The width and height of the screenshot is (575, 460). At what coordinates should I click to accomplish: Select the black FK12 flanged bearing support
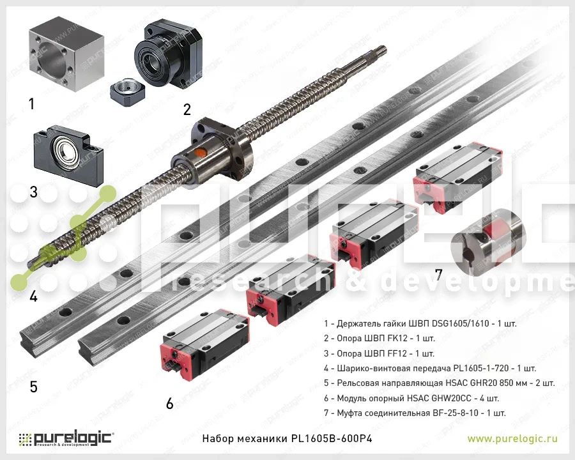click(x=168, y=54)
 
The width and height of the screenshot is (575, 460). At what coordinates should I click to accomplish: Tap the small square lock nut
click(x=127, y=92)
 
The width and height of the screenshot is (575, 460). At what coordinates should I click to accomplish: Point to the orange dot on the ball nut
click(x=200, y=153)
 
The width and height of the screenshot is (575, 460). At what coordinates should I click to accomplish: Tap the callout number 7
click(x=438, y=274)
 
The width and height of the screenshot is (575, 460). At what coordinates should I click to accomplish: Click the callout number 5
click(x=33, y=387)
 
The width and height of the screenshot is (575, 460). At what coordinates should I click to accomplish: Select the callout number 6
click(x=169, y=403)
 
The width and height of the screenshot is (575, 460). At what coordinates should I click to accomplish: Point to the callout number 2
click(x=187, y=109)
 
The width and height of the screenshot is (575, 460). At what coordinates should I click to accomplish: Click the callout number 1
click(x=31, y=103)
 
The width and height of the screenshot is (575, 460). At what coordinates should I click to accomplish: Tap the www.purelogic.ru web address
click(x=512, y=438)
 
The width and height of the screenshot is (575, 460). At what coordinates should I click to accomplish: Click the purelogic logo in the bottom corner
click(x=65, y=438)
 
